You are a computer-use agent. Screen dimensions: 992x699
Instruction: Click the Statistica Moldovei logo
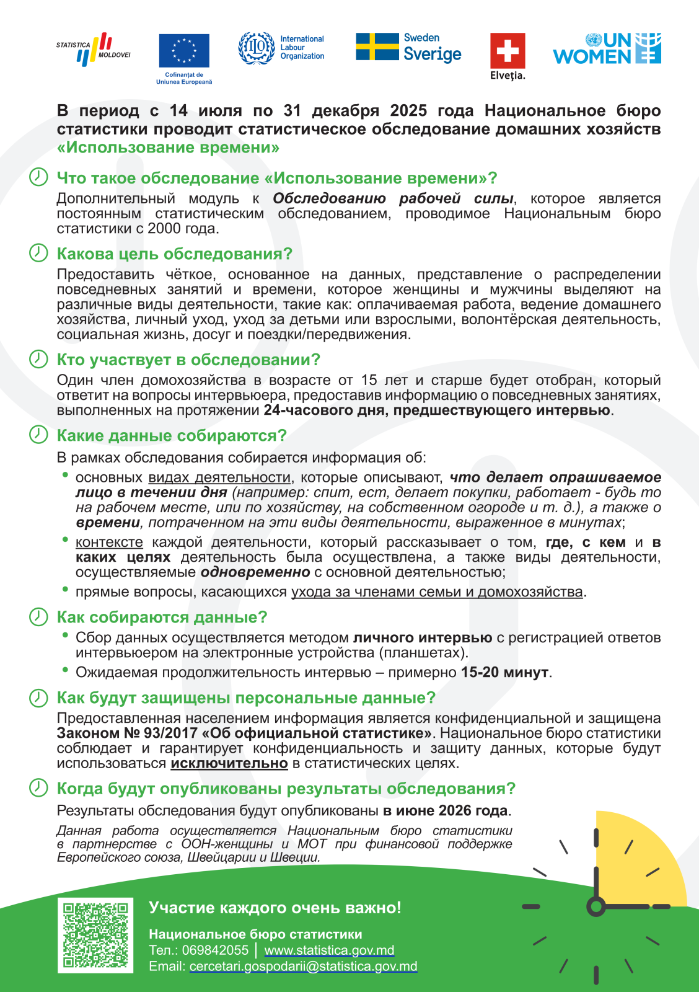94,49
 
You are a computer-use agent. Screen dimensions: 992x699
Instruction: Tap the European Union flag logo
184,50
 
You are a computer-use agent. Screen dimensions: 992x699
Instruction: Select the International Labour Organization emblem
257,48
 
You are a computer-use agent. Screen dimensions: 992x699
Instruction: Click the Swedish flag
377,46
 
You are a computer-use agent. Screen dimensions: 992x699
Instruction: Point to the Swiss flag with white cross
508,50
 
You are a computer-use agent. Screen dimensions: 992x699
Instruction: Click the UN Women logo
607,49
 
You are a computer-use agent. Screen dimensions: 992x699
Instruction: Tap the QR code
95,935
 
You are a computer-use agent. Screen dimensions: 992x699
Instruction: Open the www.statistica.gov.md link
329,950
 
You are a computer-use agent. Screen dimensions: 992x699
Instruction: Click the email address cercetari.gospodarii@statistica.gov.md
303,967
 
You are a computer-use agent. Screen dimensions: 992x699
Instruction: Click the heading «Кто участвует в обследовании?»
188,360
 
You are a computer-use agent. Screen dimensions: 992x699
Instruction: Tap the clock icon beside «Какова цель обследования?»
38,253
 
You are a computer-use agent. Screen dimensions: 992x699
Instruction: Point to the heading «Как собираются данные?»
162,618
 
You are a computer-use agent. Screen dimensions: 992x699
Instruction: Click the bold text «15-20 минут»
504,672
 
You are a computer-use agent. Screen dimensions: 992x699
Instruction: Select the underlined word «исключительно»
229,763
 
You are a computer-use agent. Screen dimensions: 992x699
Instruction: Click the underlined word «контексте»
109,542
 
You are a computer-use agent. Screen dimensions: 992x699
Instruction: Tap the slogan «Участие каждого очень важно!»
275,908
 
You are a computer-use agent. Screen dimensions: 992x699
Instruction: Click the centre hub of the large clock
596,906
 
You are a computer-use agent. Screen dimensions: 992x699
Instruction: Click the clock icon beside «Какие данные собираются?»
38,435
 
